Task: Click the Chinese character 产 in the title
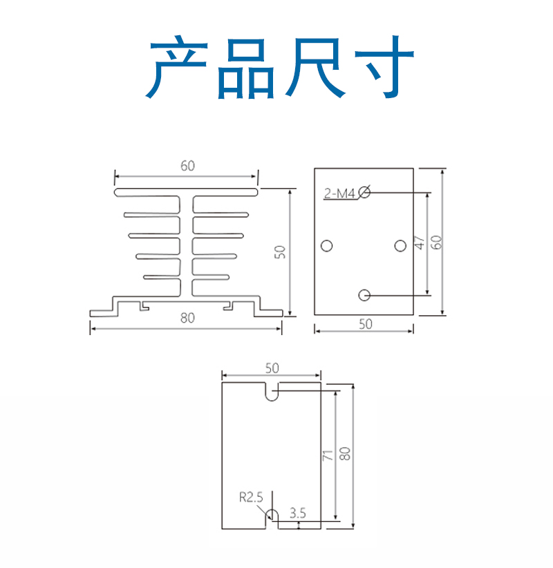pos(177,66)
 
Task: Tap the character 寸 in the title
pos(384,66)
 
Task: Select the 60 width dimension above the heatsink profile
pos(187,166)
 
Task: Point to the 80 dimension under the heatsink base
pos(187,318)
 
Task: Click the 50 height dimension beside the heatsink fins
pos(280,252)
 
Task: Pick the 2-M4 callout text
pos(339,193)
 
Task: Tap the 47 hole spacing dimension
pos(420,243)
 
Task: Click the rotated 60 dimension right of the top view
pos(436,243)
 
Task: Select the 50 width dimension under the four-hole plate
pos(365,324)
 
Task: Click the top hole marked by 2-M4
pos(364,192)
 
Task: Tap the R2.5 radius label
pos(251,498)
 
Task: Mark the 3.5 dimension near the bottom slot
pos(297,513)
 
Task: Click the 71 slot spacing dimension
pos(327,455)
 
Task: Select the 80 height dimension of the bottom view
pos(345,453)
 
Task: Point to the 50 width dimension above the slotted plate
pos(272,368)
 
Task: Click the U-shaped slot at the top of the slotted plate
pos(272,400)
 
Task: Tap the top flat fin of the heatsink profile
pos(186,192)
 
